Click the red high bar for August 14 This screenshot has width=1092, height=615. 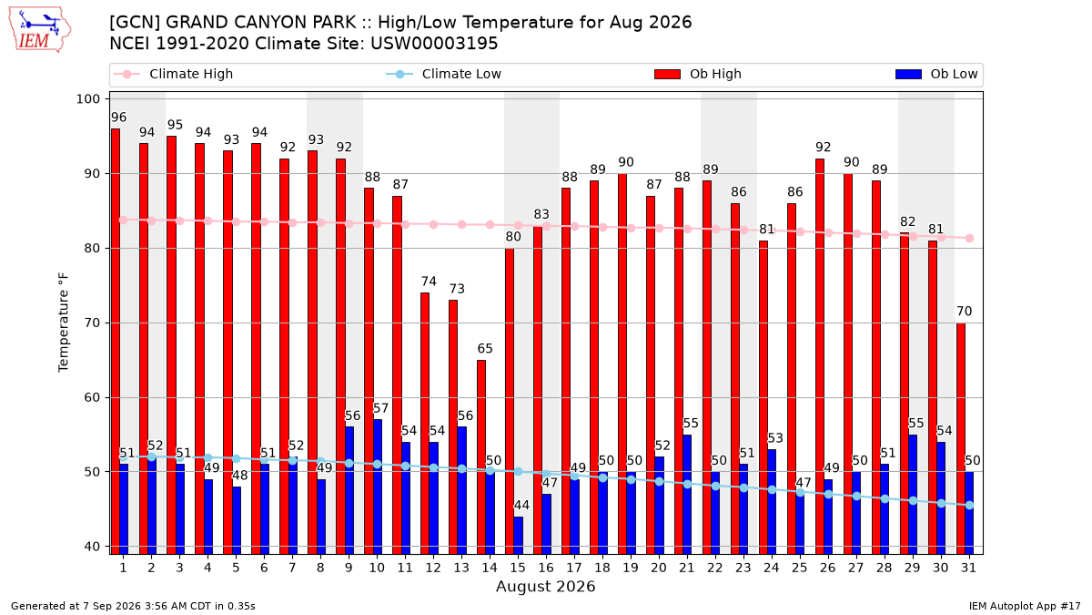(x=481, y=456)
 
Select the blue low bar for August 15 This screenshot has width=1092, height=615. (x=518, y=536)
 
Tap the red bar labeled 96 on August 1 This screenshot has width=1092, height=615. (x=115, y=341)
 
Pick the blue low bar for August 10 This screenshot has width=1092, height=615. (x=377, y=487)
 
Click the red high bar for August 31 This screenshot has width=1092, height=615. (x=960, y=438)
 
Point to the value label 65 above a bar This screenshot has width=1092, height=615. (x=484, y=348)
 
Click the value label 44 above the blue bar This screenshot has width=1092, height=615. (x=521, y=505)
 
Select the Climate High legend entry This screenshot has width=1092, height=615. (x=173, y=74)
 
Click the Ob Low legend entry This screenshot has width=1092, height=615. (x=936, y=74)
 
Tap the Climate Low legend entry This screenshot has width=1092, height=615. (x=443, y=74)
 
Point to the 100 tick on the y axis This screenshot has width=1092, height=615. (x=87, y=99)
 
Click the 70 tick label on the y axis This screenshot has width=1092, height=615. (x=92, y=323)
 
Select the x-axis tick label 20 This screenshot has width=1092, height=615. (x=659, y=568)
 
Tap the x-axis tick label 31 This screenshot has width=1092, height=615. (x=968, y=568)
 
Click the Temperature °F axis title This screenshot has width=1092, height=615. (x=64, y=323)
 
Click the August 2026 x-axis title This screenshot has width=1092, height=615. (x=545, y=586)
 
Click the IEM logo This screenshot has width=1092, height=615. (x=40, y=29)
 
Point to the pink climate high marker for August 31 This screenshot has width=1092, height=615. (x=969, y=238)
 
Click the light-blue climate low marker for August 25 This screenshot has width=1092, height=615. (x=800, y=493)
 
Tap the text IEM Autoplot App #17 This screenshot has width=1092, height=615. (x=1025, y=606)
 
